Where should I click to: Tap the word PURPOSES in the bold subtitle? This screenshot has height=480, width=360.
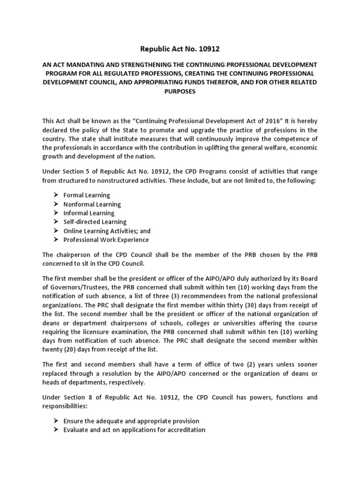pyautogui.click(x=180, y=92)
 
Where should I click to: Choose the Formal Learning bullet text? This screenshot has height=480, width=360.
pyautogui.click(x=87, y=195)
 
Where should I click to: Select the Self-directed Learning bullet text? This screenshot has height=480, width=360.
pyautogui.click(x=95, y=222)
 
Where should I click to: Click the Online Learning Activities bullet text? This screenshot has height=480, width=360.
pyautogui.click(x=107, y=231)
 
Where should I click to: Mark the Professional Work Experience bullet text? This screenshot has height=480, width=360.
pyautogui.click(x=106, y=240)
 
